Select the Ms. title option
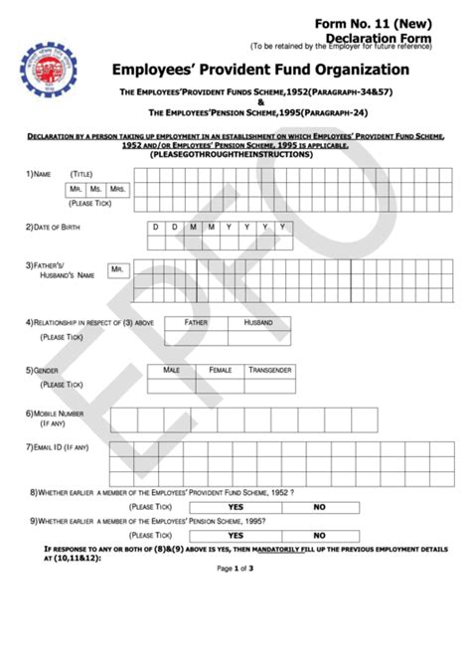pyautogui.click(x=97, y=189)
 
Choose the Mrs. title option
pyautogui.click(x=118, y=189)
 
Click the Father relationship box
pyautogui.click(x=196, y=323)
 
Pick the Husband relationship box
pyautogui.click(x=258, y=323)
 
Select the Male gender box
pyautogui.click(x=171, y=370)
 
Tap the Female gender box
pyautogui.click(x=220, y=370)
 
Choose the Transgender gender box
pyautogui.click(x=269, y=370)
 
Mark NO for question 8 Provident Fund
pyautogui.click(x=319, y=507)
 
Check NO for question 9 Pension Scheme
pyautogui.click(x=319, y=535)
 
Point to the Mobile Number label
pyautogui.click(x=59, y=413)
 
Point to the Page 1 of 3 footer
pyautogui.click(x=235, y=569)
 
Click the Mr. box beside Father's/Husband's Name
pyautogui.click(x=117, y=269)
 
